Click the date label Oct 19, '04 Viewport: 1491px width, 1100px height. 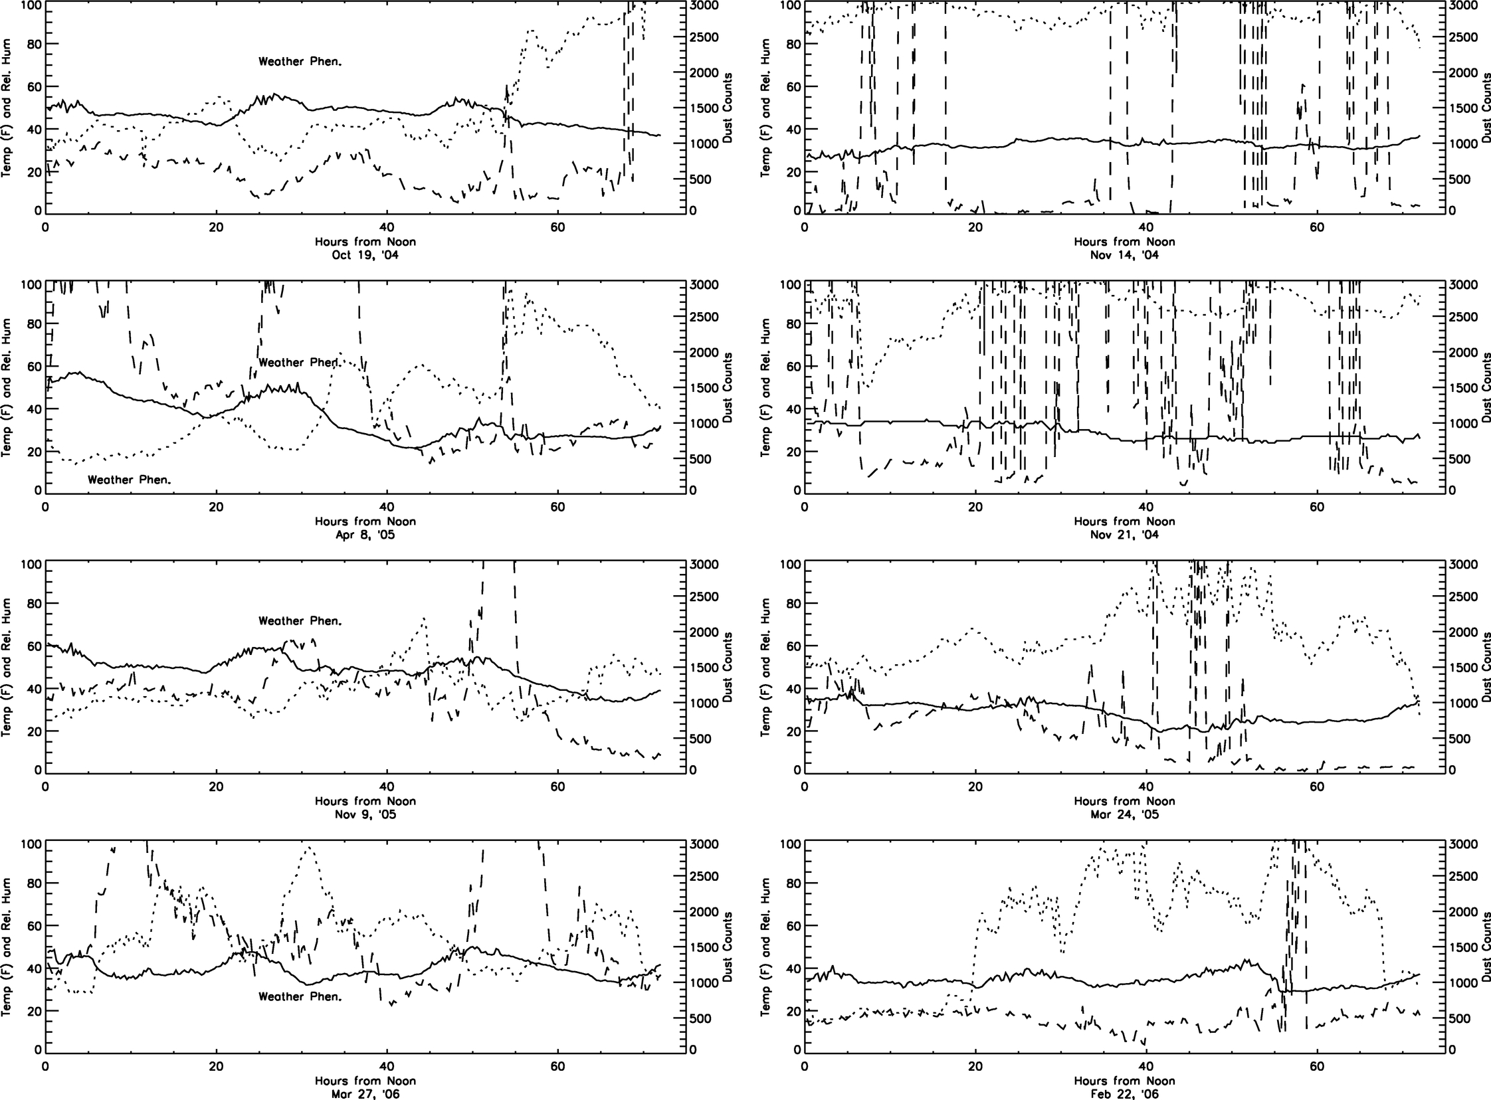[x=365, y=254]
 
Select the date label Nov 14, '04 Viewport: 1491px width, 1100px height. [x=1124, y=254]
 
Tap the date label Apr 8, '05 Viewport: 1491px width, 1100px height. [x=365, y=534]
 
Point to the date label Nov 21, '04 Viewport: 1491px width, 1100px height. [x=1124, y=534]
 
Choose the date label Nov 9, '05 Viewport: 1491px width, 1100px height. [x=365, y=814]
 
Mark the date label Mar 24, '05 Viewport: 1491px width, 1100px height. [x=1124, y=814]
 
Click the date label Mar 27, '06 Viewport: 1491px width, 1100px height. [x=365, y=1093]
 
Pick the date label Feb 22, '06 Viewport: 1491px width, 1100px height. [x=1124, y=1093]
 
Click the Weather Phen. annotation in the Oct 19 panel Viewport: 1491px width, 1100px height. [x=300, y=62]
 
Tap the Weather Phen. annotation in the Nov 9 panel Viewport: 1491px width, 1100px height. [x=300, y=621]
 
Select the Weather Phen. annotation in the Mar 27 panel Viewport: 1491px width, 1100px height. [x=300, y=997]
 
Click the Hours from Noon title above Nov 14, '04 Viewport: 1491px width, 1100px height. [x=1124, y=241]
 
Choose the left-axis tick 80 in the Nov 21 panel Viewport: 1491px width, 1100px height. [x=791, y=324]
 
